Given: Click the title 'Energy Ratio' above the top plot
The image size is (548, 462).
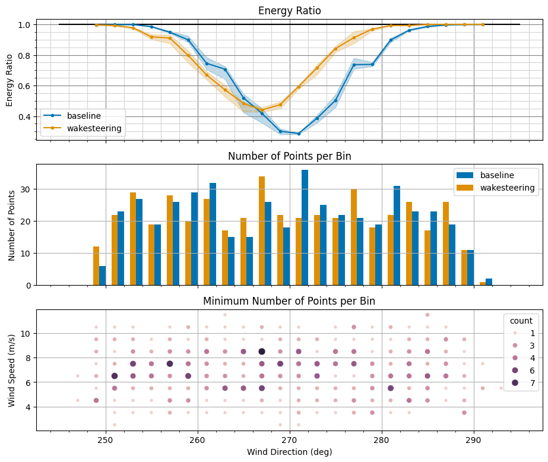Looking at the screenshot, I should [289, 11].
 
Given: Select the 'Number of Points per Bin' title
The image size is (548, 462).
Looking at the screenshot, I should [289, 157].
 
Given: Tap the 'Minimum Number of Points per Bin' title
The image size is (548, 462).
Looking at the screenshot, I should [289, 301].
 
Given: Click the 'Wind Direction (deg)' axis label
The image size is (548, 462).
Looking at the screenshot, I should [289, 452].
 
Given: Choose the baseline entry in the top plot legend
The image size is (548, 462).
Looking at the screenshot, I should [83, 115].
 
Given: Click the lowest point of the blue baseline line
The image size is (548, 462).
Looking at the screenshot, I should [299, 134].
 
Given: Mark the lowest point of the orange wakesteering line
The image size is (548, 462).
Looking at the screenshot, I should [262, 110].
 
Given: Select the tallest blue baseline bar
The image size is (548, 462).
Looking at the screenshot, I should [305, 227].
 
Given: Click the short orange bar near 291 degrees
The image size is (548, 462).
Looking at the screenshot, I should [483, 283].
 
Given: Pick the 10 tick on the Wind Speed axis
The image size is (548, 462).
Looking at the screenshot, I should [27, 333].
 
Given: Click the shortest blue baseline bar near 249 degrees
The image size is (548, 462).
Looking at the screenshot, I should [102, 276].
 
